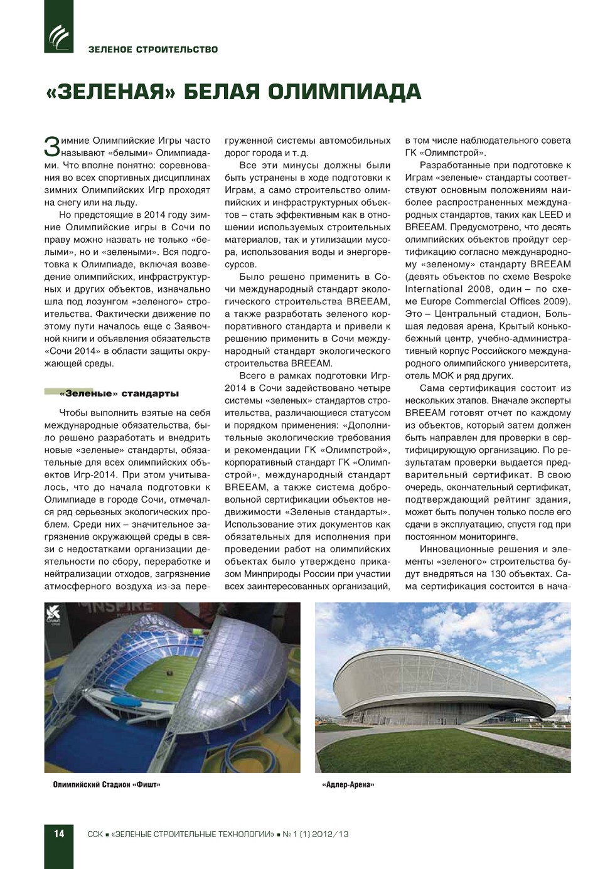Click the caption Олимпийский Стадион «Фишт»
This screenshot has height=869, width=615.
[107, 784]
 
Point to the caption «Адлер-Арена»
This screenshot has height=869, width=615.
[348, 784]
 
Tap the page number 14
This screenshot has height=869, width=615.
[58, 834]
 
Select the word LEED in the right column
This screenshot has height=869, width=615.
[551, 215]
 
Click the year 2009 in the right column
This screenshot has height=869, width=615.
[557, 301]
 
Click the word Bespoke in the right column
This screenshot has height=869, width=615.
[552, 276]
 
